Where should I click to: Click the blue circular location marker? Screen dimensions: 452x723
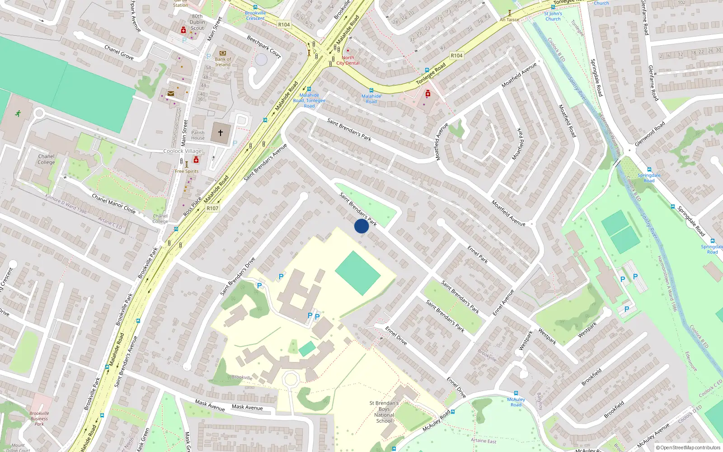[361, 226]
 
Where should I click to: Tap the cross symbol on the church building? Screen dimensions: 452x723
[221, 133]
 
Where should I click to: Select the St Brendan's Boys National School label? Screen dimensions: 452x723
[384, 412]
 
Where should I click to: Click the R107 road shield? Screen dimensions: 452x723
[212, 208]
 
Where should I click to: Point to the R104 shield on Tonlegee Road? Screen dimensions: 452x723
[456, 56]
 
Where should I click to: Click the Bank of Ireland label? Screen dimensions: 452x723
[223, 62]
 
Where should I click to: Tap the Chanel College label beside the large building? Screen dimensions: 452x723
[46, 159]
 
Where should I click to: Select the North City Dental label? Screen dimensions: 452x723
[348, 60]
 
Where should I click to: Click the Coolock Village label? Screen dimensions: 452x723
[183, 151]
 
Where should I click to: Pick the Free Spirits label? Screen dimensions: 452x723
[187, 171]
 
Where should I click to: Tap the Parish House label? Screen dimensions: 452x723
[198, 136]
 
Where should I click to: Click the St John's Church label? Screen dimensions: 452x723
[553, 16]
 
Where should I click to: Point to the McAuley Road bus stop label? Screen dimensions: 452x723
[516, 402]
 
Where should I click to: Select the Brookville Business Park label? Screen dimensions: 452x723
[39, 419]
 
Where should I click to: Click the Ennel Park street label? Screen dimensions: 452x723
[478, 254]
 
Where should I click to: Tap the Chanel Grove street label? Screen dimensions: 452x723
[119, 52]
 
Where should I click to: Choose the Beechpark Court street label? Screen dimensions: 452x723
[264, 47]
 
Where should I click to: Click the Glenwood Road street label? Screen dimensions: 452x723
[650, 133]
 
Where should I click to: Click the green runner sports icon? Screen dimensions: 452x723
[18, 113]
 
